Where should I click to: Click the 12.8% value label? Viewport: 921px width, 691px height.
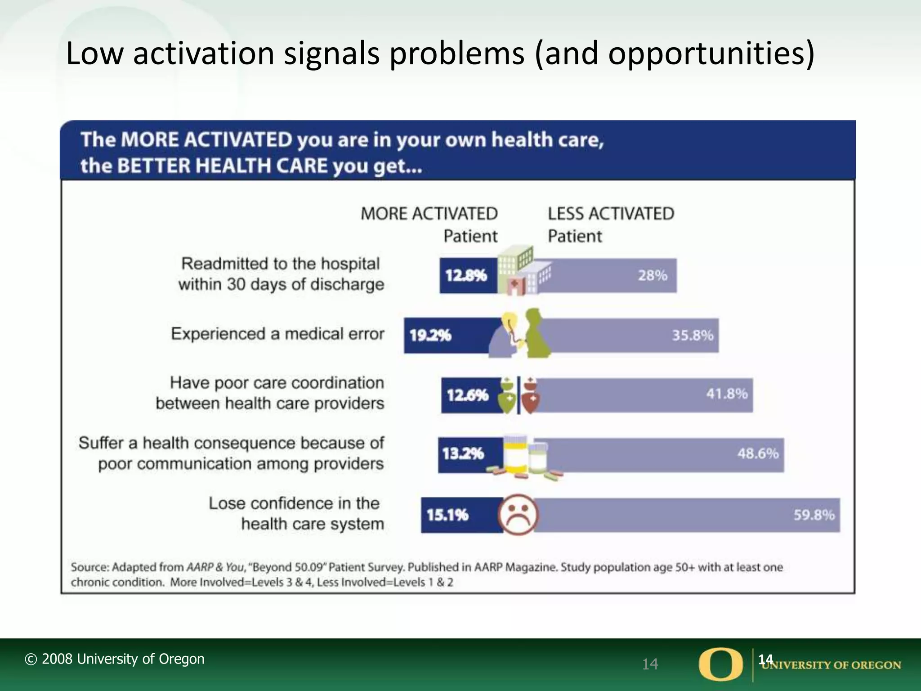pyautogui.click(x=466, y=275)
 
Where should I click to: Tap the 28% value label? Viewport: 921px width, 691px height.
pyautogui.click(x=652, y=275)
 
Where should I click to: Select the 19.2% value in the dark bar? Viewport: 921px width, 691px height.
pyautogui.click(x=430, y=336)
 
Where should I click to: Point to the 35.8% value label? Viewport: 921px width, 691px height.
pyautogui.click(x=693, y=336)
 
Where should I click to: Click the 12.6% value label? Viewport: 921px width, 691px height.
pyautogui.click(x=467, y=395)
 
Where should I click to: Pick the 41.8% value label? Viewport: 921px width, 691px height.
pyautogui.click(x=727, y=394)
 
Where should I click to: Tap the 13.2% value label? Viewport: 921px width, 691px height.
pyautogui.click(x=463, y=453)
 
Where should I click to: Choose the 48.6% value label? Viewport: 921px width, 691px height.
pyautogui.click(x=758, y=453)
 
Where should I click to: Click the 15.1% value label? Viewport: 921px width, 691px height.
pyautogui.click(x=447, y=515)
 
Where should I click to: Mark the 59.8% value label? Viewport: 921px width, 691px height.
pyautogui.click(x=814, y=515)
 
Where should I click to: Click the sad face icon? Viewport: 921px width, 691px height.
pyautogui.click(x=518, y=515)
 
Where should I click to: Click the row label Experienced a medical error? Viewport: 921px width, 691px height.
pyautogui.click(x=277, y=334)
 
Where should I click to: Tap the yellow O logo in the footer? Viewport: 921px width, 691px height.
pyautogui.click(x=720, y=664)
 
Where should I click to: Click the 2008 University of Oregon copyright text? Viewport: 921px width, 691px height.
pyautogui.click(x=115, y=659)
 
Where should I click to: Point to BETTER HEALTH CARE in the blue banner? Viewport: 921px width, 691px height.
pyautogui.click(x=222, y=166)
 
